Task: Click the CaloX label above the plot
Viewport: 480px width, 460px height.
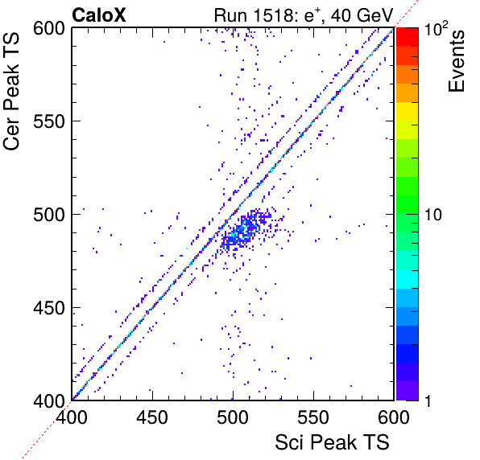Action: tap(99, 15)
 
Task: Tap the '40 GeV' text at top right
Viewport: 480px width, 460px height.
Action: tap(362, 15)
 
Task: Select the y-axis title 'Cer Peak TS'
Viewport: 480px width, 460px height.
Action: tap(11, 92)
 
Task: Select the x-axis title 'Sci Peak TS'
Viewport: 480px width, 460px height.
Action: tap(332, 442)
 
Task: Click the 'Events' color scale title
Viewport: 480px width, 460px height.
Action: tap(456, 61)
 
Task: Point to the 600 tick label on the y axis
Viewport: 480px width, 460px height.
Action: tap(49, 29)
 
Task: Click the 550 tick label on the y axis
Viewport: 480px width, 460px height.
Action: tap(49, 121)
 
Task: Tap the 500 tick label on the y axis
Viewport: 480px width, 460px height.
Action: tap(49, 215)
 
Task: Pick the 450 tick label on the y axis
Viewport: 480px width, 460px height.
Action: tap(49, 308)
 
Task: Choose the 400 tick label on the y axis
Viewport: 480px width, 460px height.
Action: tap(49, 401)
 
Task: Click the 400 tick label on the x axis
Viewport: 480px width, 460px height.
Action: tap(72, 417)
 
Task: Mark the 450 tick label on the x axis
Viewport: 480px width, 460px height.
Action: tap(152, 417)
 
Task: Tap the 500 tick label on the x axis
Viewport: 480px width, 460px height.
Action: tap(233, 417)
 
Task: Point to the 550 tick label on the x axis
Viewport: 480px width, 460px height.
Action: tap(313, 417)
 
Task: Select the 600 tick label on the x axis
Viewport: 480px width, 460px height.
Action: tap(394, 417)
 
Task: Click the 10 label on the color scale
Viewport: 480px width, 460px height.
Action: tap(433, 215)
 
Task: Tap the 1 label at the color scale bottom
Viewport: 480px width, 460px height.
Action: tap(428, 401)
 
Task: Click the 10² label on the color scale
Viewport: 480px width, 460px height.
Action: tap(436, 28)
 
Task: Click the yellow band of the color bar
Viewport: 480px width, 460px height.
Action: tap(408, 111)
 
